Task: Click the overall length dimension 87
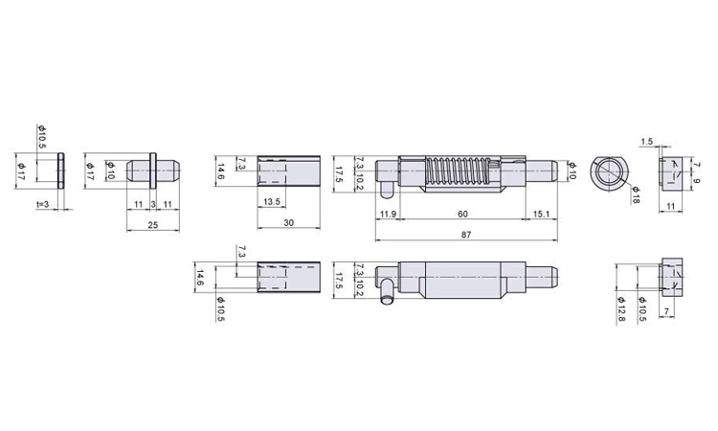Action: pyautogui.click(x=466, y=235)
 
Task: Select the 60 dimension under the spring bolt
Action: pyautogui.click(x=463, y=215)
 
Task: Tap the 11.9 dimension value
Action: pyautogui.click(x=388, y=215)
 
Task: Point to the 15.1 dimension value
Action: pyautogui.click(x=541, y=215)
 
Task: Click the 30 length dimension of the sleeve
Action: pyautogui.click(x=288, y=222)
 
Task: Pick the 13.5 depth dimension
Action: pyautogui.click(x=272, y=201)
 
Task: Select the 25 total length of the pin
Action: pyautogui.click(x=153, y=224)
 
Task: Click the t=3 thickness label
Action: pyautogui.click(x=42, y=204)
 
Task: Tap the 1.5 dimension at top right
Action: pyautogui.click(x=646, y=142)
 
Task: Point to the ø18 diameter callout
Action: pyautogui.click(x=636, y=194)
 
